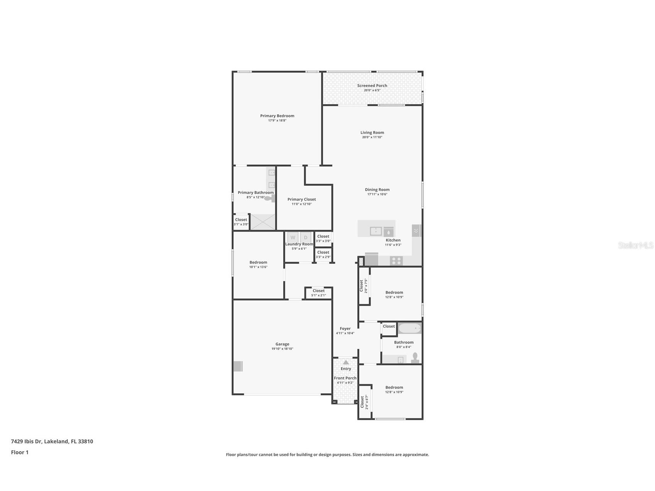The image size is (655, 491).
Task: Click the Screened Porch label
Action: [372, 86]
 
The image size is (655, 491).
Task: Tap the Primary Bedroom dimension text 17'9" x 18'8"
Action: [277, 120]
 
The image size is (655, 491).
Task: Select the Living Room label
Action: [372, 132]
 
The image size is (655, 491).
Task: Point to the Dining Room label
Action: [377, 190]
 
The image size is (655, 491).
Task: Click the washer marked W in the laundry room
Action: [293, 237]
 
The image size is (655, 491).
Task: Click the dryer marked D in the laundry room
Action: [306, 237]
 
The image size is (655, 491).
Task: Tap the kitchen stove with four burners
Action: [396, 261]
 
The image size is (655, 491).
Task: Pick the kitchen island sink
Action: [376, 231]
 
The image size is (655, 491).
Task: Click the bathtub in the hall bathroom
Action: [410, 328]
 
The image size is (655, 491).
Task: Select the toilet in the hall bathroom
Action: [415, 358]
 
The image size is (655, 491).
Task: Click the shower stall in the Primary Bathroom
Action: [263, 222]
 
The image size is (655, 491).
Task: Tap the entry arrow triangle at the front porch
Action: [346, 362]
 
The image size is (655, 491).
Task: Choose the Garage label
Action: [282, 344]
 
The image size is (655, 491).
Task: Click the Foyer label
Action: [345, 328]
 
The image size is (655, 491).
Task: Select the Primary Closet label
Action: [301, 199]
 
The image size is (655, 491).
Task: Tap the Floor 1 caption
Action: [20, 452]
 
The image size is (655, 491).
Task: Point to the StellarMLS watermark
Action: [636, 245]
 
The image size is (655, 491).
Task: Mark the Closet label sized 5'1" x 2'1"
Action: [318, 291]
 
